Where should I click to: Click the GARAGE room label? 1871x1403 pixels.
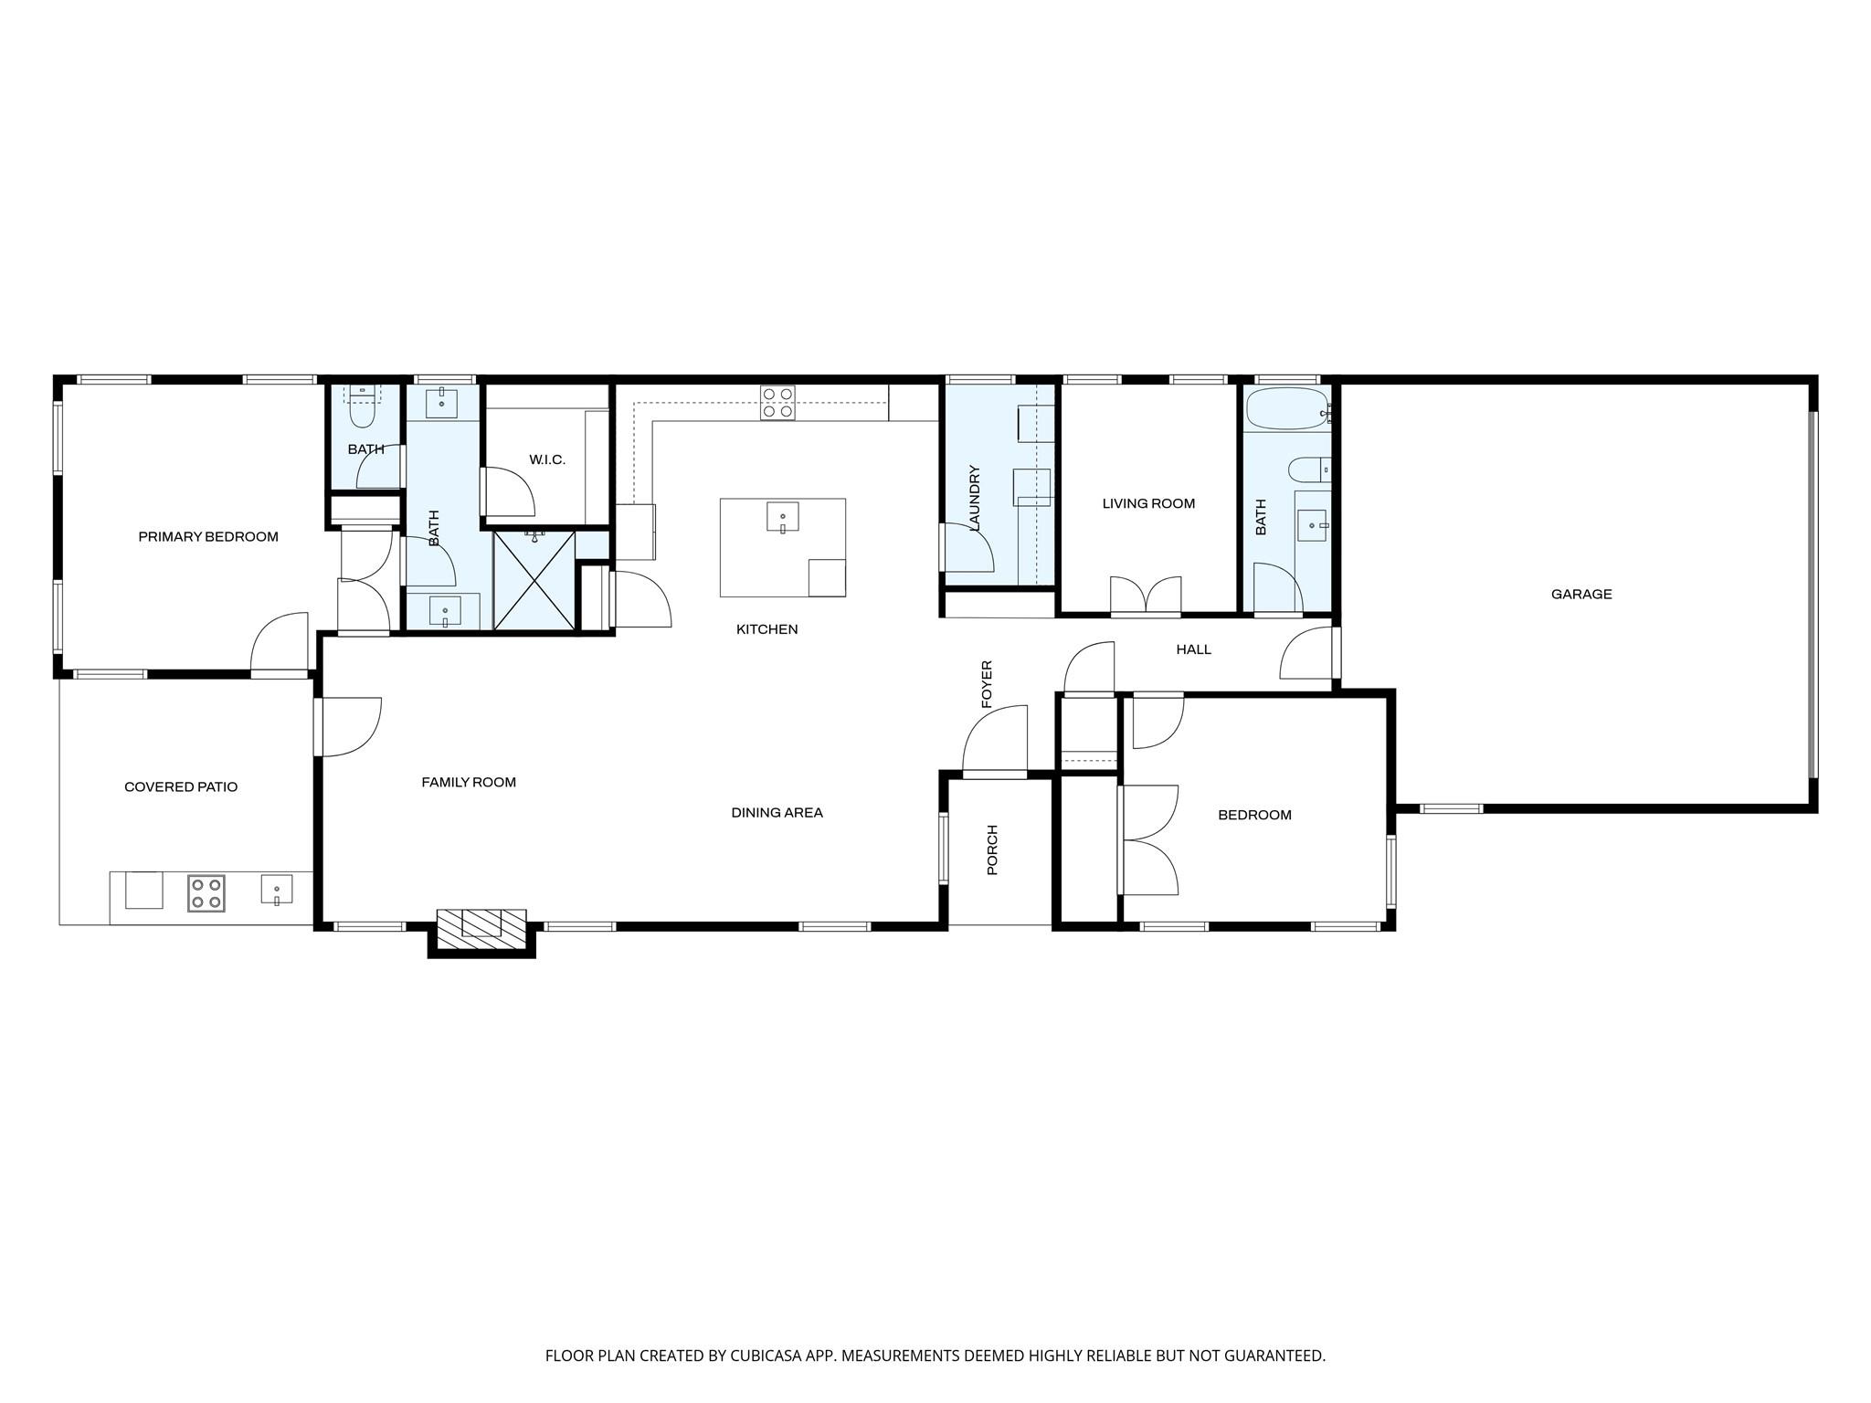pos(1581,594)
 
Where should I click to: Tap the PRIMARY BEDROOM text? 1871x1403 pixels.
pos(208,536)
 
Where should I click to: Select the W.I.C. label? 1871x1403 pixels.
pos(547,459)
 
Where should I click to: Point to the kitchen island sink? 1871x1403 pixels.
pos(782,517)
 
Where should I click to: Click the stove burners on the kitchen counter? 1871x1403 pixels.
pos(777,402)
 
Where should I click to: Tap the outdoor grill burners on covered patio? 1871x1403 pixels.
pos(206,893)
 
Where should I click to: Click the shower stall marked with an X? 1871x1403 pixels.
pos(534,581)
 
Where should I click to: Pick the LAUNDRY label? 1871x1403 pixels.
pos(974,498)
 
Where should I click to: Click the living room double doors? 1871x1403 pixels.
pos(1146,596)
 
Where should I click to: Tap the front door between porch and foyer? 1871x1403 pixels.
pos(995,742)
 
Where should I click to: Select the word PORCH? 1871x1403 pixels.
pos(993,849)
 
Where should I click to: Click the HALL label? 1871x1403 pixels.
pos(1193,649)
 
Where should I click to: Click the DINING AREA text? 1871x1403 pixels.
pos(777,812)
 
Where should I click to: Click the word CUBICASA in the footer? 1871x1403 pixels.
pos(765,1356)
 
